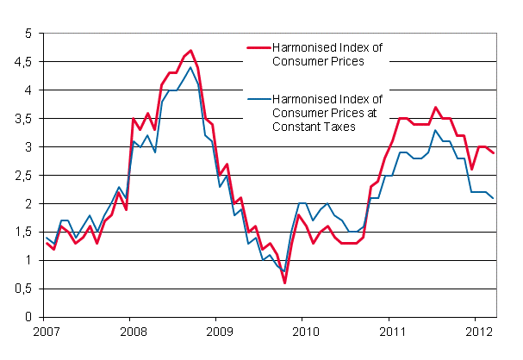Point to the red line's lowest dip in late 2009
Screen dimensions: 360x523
(284, 282)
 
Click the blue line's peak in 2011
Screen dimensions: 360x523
(436, 130)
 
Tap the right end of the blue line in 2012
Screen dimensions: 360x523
(494, 198)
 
